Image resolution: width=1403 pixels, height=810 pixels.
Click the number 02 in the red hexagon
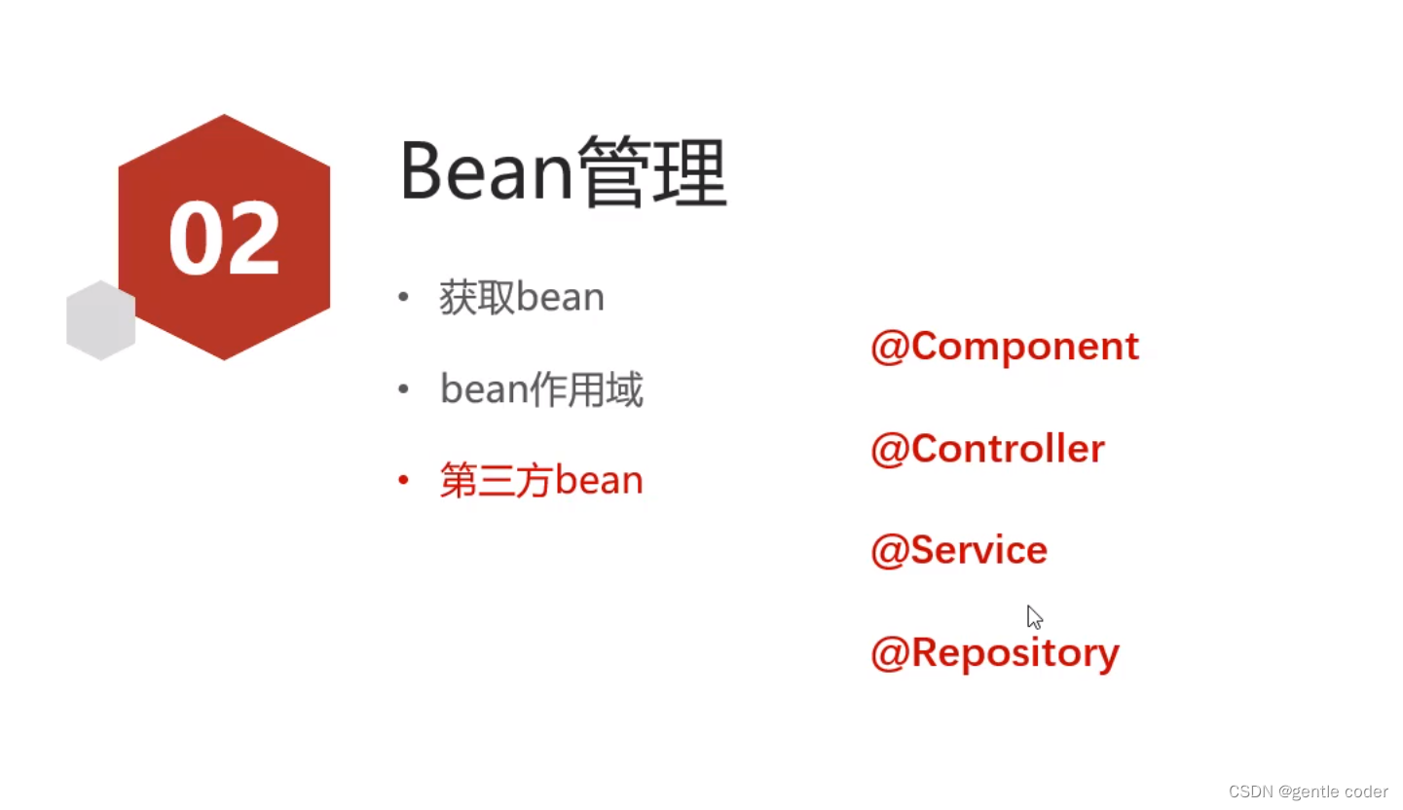click(224, 239)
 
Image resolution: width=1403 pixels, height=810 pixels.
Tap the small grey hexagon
click(101, 320)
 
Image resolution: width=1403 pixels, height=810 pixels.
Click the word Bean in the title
click(486, 170)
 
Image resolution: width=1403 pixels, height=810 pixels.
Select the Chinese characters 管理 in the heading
click(652, 170)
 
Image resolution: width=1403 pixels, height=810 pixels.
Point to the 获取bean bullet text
click(522, 297)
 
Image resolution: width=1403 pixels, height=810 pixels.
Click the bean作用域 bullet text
click(541, 389)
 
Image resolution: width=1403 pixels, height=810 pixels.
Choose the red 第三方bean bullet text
click(541, 481)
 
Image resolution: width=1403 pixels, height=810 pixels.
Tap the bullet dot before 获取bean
click(403, 297)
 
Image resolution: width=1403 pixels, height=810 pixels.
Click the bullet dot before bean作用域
click(403, 389)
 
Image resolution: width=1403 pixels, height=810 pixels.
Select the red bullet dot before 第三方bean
click(403, 481)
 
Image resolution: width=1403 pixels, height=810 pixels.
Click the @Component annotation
click(1005, 347)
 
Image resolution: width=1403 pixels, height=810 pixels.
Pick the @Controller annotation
click(987, 449)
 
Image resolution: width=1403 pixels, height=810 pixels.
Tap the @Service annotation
click(959, 551)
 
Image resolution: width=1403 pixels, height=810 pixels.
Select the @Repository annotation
click(995, 653)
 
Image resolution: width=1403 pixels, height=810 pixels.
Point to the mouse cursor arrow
click(1034, 617)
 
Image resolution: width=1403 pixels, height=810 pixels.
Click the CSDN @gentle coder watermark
click(1308, 792)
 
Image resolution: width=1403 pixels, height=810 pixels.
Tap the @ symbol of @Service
click(889, 551)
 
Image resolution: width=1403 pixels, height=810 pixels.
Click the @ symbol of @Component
click(889, 348)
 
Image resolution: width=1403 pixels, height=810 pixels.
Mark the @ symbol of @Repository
click(889, 654)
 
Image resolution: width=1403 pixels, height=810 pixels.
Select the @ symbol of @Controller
click(889, 450)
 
